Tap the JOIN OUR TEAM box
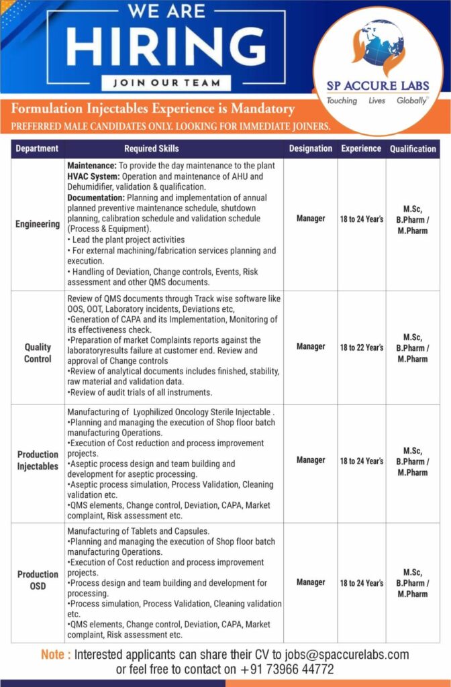[166, 83]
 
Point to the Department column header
[38, 148]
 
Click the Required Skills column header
[152, 148]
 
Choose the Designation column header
[311, 148]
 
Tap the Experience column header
[361, 148]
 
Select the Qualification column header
[413, 148]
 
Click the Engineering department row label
[38, 224]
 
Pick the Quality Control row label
[38, 353]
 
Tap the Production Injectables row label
[38, 460]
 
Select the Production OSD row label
[38, 580]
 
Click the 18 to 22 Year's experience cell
[362, 348]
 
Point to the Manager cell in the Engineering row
[311, 218]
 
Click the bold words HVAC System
[93, 176]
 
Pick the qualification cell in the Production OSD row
[412, 582]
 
